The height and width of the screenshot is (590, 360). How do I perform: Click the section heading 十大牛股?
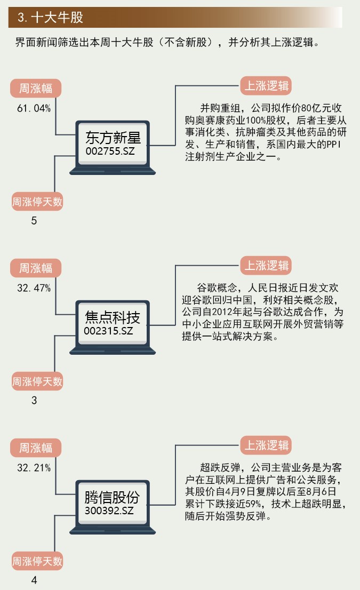(51, 18)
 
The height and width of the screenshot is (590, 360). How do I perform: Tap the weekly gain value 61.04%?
(34, 108)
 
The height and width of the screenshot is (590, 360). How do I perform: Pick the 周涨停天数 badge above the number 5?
(37, 202)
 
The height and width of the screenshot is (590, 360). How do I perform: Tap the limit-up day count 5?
(34, 220)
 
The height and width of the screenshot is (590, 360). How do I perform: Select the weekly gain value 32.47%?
(34, 288)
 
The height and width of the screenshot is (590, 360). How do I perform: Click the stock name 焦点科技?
(113, 318)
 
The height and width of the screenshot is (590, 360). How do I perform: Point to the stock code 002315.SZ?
(108, 331)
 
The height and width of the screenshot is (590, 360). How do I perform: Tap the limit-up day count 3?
(34, 400)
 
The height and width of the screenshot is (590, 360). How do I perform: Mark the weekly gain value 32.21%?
(34, 468)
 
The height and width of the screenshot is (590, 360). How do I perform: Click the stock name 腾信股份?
(112, 498)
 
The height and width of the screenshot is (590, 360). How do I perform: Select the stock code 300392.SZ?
(109, 511)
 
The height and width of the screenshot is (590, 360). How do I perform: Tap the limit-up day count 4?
(34, 580)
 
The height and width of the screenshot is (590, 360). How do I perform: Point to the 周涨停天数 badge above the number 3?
(37, 381)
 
